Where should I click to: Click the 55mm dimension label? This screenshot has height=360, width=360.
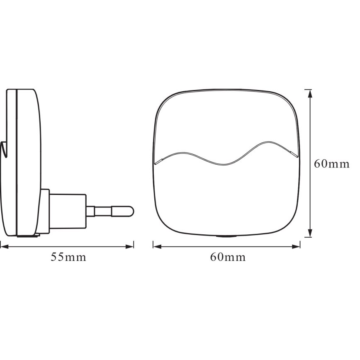68,257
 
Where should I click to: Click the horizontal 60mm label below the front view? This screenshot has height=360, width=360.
228,257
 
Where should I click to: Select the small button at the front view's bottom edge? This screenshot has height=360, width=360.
226,236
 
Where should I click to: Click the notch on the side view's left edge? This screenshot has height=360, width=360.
4,149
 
